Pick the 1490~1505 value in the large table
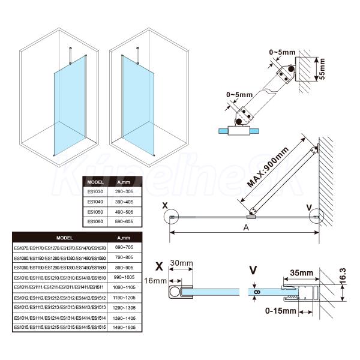tap(125, 327)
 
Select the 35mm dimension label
tap(301, 273)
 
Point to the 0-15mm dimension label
tap(281, 311)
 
